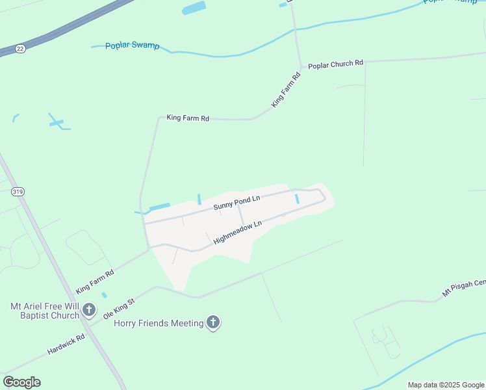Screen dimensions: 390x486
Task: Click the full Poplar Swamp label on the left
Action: pos(132,45)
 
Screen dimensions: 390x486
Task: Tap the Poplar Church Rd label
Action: pos(335,64)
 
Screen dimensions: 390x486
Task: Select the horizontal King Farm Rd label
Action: pos(188,118)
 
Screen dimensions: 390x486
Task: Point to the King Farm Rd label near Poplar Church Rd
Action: pos(287,90)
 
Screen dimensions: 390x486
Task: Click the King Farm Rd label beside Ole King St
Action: pos(95,281)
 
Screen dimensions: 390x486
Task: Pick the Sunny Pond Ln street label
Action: pos(237,202)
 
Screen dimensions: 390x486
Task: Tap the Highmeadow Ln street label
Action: pos(237,232)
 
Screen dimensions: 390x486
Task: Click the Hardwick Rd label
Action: pos(66,344)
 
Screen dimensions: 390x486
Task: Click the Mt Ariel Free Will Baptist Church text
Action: pos(44,311)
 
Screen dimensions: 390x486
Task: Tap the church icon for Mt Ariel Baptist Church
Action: pos(90,313)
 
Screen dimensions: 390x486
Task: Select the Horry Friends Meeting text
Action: pos(159,323)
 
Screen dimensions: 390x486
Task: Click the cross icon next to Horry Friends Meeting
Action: pos(213,322)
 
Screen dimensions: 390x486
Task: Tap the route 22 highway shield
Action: pos(21,49)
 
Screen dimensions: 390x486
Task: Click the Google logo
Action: pos(21,382)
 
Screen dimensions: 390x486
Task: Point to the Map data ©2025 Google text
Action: pos(446,385)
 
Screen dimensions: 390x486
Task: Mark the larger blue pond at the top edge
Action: pos(194,8)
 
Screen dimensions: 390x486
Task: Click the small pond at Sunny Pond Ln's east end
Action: pos(297,199)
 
